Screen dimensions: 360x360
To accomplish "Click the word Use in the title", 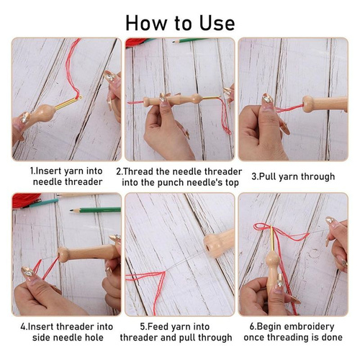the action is [x=217, y=23].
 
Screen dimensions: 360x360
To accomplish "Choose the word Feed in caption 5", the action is [x=154, y=327].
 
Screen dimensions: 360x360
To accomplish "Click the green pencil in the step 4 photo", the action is [x=95, y=210].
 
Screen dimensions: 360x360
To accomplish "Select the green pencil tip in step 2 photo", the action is [x=174, y=42].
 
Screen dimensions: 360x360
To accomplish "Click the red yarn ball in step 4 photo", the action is [x=25, y=200].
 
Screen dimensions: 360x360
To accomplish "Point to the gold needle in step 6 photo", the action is [x=273, y=238].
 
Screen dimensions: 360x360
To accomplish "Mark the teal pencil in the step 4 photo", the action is [x=42, y=203].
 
